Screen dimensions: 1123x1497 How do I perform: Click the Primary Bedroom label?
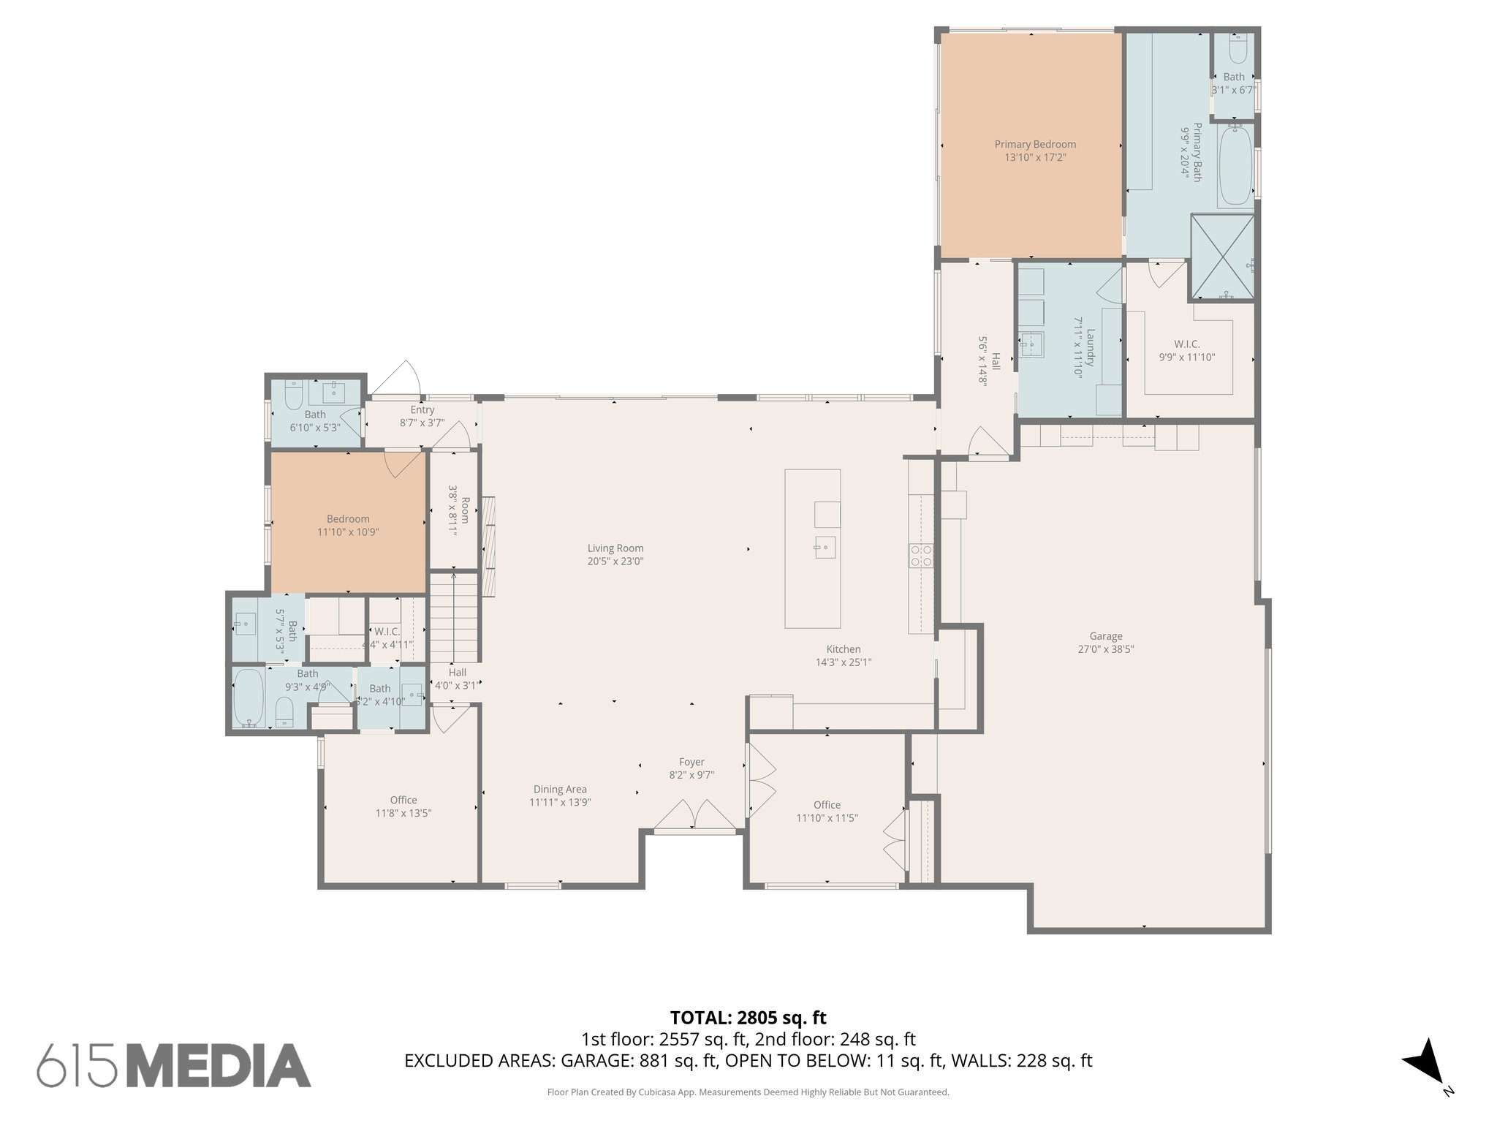1034,144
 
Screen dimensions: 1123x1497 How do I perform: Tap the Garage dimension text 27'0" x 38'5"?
1105,649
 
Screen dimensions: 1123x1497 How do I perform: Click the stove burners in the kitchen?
921,556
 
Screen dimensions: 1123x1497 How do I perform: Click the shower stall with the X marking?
1222,257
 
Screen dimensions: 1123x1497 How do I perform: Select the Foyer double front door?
694,816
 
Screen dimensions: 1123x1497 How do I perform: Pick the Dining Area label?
560,789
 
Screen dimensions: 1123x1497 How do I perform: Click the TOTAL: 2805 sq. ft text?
748,1017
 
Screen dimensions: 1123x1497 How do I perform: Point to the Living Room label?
615,548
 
